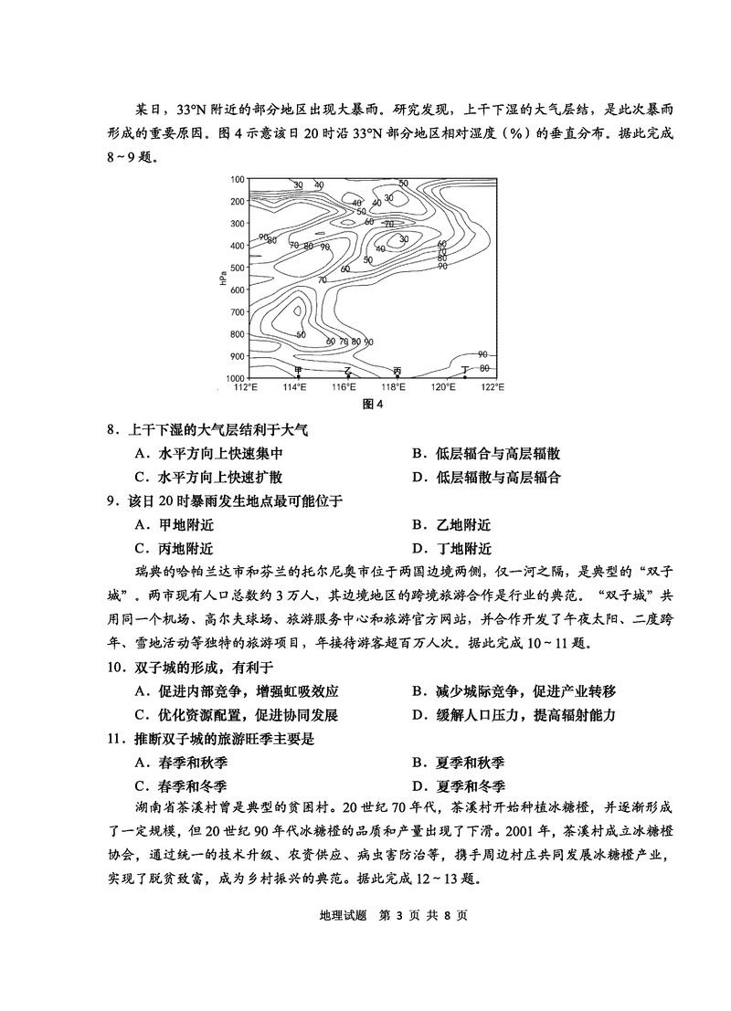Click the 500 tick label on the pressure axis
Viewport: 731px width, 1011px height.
pos(238,268)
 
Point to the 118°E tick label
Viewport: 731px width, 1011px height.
pos(394,387)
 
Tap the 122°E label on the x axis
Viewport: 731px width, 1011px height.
pos(493,387)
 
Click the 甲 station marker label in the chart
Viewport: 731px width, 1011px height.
pos(297,370)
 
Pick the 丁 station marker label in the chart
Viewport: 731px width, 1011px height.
pos(465,370)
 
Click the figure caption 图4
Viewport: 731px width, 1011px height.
pos(372,404)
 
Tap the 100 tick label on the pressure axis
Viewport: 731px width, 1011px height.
pos(238,179)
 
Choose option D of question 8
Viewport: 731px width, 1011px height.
pos(485,477)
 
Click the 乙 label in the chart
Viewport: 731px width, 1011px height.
pos(348,370)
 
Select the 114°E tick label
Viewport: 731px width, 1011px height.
pos(295,387)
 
